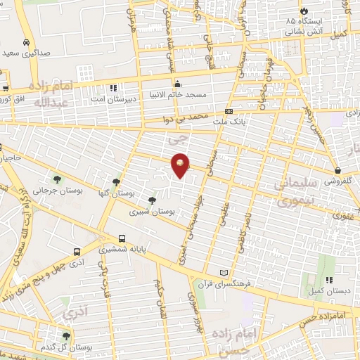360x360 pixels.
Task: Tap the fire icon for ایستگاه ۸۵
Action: [x=303, y=11]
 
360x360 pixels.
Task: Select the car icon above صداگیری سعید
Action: [x=26, y=42]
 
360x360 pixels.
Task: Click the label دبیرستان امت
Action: [x=111, y=100]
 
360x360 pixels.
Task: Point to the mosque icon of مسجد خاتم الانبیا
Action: [x=177, y=83]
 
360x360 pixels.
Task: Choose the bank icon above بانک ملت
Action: [x=229, y=112]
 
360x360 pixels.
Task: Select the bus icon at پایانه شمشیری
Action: [x=122, y=238]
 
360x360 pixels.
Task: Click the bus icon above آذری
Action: [x=77, y=250]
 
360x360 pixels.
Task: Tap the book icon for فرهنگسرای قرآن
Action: [x=224, y=273]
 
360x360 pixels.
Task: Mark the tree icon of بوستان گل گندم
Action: [x=66, y=337]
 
